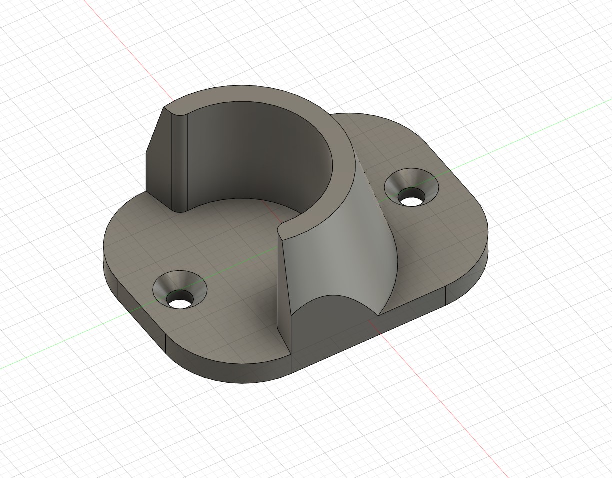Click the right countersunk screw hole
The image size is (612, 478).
[411, 189]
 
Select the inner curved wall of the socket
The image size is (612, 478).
[250, 150]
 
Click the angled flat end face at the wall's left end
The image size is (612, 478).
[159, 150]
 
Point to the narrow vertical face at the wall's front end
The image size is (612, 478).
[285, 290]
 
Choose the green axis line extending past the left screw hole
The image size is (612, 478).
[60, 345]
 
